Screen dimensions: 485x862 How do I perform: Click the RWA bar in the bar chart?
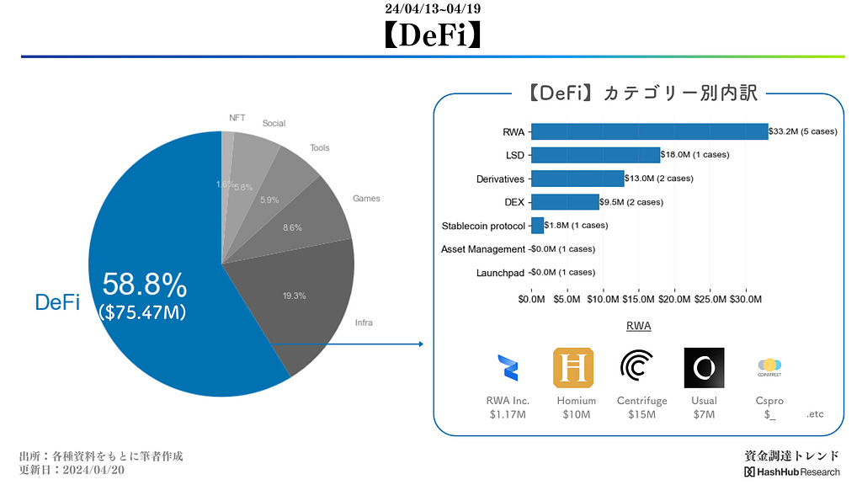[649, 131]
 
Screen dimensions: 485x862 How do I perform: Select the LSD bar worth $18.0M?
[595, 155]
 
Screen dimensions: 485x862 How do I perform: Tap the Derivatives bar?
[577, 179]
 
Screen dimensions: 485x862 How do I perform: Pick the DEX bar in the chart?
[565, 202]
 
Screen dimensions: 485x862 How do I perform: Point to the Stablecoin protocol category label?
[483, 226]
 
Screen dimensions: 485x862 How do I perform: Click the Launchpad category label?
[500, 273]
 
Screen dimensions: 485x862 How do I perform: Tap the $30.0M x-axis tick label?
[746, 299]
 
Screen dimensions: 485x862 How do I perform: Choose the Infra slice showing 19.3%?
[295, 296]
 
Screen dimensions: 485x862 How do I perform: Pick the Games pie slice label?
[366, 199]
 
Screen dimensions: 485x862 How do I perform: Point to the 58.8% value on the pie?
[144, 286]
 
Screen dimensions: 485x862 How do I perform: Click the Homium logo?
[573, 368]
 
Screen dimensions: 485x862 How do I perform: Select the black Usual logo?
[704, 368]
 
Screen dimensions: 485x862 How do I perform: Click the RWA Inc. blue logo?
[508, 368]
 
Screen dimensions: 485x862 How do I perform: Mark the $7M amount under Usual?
[704, 414]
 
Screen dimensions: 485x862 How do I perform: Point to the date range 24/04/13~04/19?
[433, 9]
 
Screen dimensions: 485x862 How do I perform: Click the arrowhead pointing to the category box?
[419, 344]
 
